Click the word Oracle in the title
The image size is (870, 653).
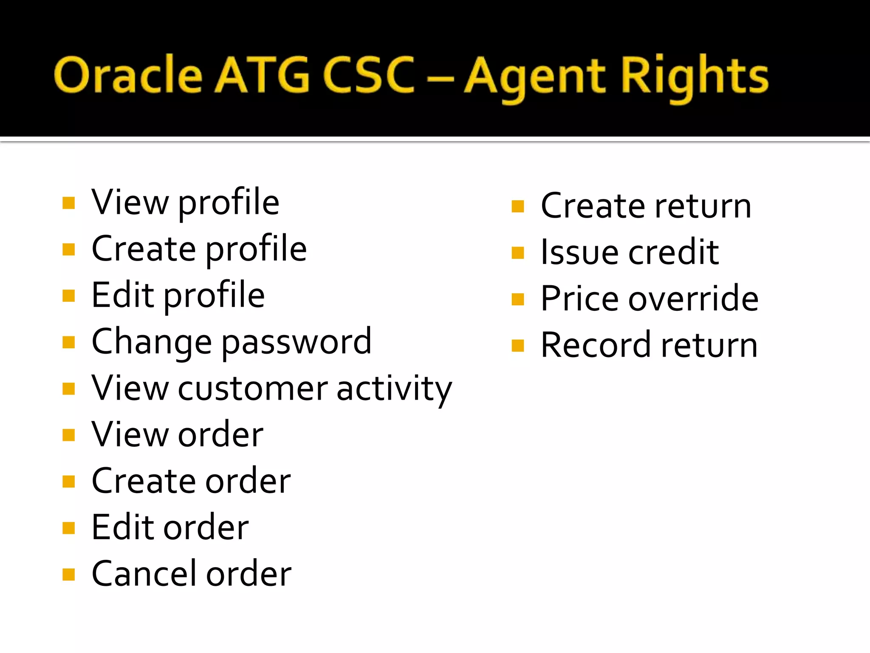tap(127, 76)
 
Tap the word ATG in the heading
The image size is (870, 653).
tap(262, 76)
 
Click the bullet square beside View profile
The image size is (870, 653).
tap(68, 203)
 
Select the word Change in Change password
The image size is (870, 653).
tap(152, 341)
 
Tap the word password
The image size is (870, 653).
tap(297, 343)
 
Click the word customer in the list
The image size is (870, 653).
tap(253, 388)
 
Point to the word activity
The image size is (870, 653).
tap(394, 389)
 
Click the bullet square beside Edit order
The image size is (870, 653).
tap(68, 528)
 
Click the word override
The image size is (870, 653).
tap(693, 298)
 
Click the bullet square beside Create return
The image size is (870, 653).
tap(518, 207)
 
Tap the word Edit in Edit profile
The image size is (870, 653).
tap(123, 295)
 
